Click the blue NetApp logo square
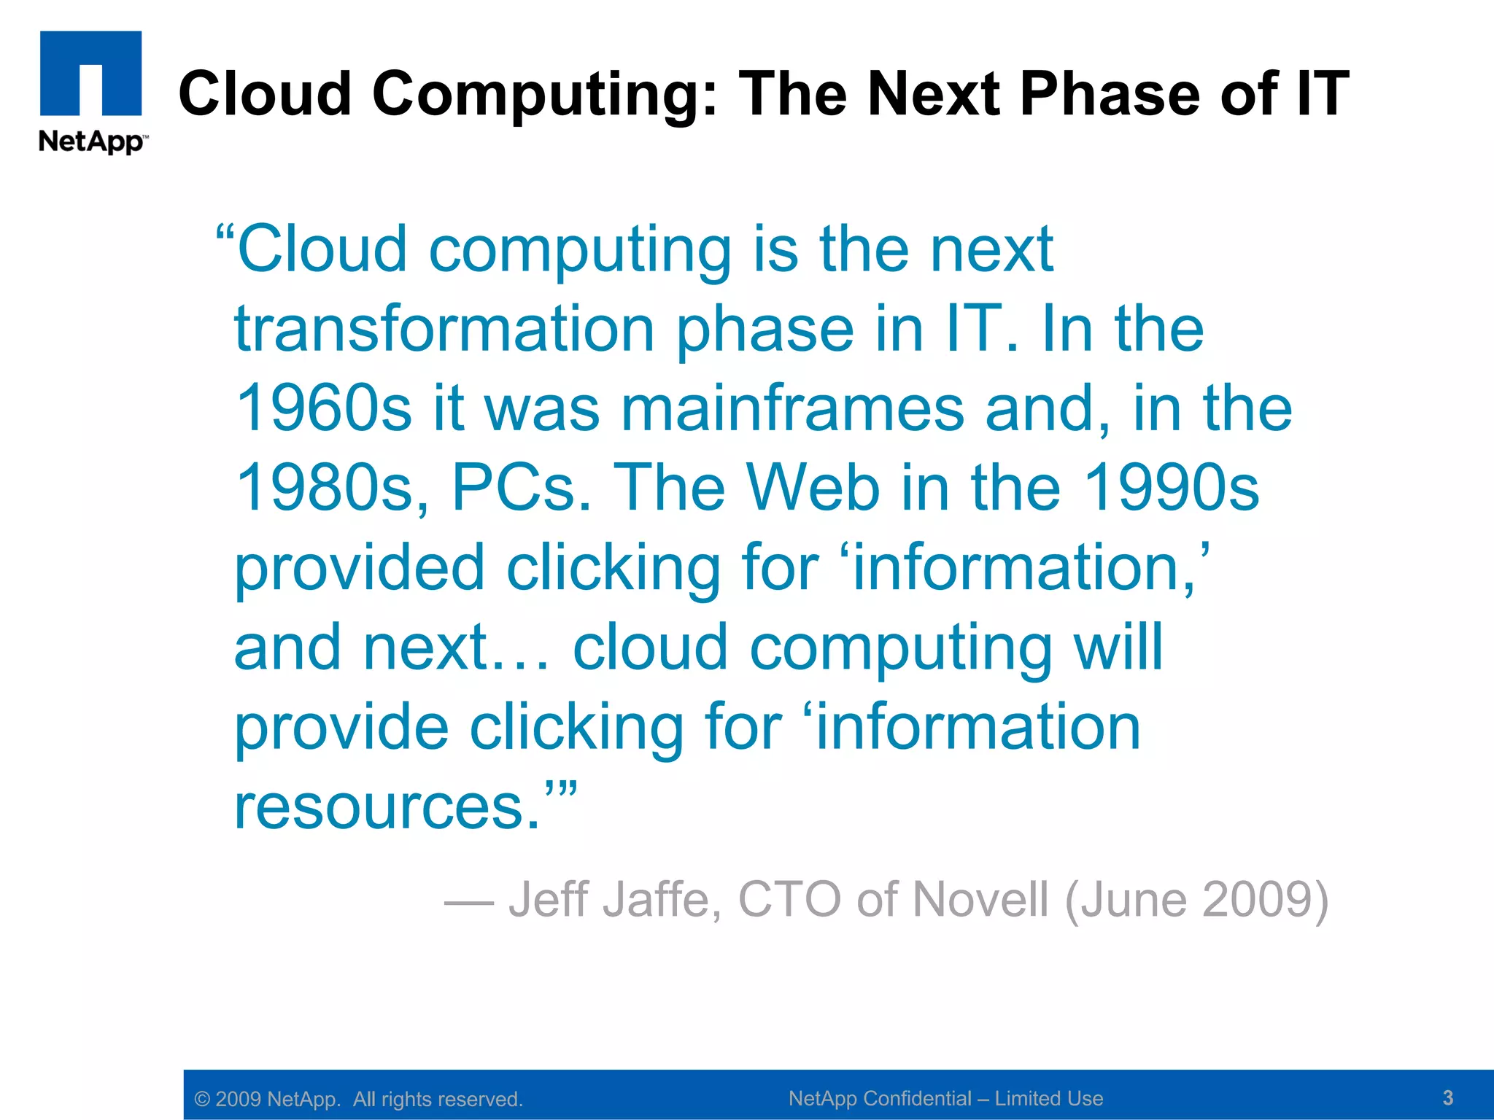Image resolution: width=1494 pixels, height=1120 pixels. click(90, 73)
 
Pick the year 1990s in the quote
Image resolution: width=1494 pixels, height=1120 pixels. click(1172, 488)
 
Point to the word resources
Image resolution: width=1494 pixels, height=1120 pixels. click(387, 807)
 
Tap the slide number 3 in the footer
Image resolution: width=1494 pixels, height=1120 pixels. click(1448, 1097)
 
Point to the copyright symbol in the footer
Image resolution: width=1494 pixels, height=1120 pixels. click(202, 1100)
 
